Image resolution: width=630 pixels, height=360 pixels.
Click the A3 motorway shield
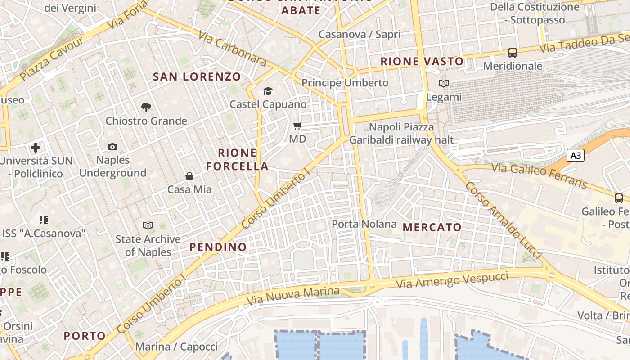[576, 156]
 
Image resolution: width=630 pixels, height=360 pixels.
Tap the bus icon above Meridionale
[512, 53]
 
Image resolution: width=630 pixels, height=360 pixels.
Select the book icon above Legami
[444, 83]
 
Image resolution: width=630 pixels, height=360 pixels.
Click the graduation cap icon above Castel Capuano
[268, 91]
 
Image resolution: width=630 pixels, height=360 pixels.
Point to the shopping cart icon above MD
[297, 126]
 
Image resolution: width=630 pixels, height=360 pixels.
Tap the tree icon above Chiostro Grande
[146, 107]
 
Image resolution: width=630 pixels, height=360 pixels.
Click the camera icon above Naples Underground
[112, 147]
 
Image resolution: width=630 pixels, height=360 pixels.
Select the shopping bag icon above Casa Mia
[189, 176]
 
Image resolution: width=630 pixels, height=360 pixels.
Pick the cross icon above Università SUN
[36, 147]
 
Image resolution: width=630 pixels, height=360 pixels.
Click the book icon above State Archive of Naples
[148, 225]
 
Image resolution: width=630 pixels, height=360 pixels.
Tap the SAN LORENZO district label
[197, 76]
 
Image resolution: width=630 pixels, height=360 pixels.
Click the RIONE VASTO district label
[422, 61]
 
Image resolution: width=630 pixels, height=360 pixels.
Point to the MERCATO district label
[432, 227]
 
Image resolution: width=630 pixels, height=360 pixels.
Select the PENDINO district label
[218, 247]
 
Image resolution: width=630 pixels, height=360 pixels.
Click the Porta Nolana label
[364, 224]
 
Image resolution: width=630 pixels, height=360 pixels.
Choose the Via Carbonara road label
[232, 49]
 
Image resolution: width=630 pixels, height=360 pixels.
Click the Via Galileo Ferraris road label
[539, 176]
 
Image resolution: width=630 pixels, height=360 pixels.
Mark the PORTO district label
[85, 336]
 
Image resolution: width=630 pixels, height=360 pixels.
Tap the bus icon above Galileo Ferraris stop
[619, 198]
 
